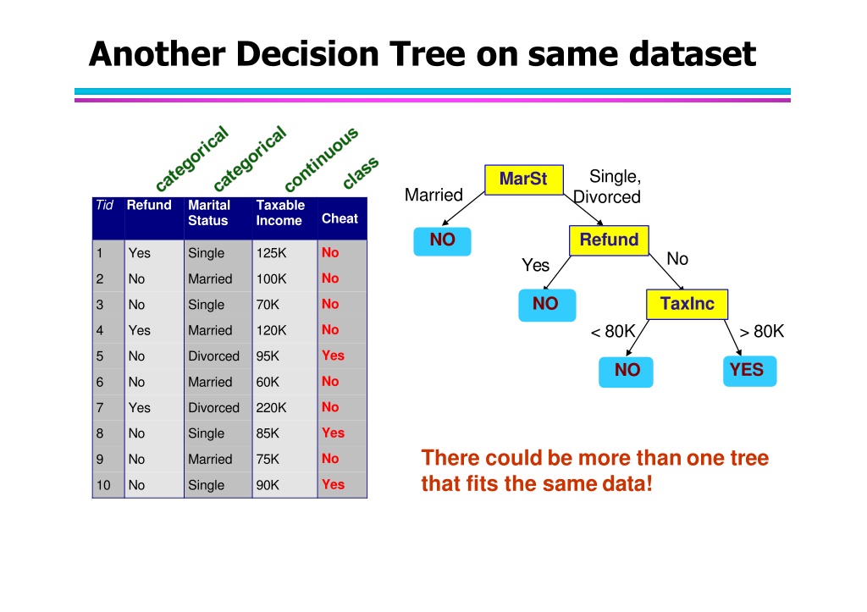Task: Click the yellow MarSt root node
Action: pyautogui.click(x=523, y=179)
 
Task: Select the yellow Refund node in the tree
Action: pyautogui.click(x=609, y=240)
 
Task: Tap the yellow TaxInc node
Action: pyautogui.click(x=687, y=304)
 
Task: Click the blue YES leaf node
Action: pyautogui.click(x=749, y=371)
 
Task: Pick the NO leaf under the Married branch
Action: pyautogui.click(x=442, y=240)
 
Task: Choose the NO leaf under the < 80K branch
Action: pyautogui.click(x=626, y=371)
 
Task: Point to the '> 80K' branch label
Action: pyautogui.click(x=761, y=331)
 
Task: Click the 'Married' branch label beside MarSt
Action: pyautogui.click(x=433, y=195)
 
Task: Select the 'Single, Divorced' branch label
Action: pyautogui.click(x=607, y=186)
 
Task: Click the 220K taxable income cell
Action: pyautogui.click(x=271, y=407)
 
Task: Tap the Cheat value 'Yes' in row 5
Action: pyautogui.click(x=333, y=356)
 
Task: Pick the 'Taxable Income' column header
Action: pyautogui.click(x=280, y=212)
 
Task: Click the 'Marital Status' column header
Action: pyautogui.click(x=209, y=212)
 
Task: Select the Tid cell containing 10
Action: pyautogui.click(x=103, y=485)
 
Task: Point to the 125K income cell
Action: pyautogui.click(x=271, y=252)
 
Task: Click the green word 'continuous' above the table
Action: pyautogui.click(x=321, y=158)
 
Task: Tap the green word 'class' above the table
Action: pyautogui.click(x=361, y=173)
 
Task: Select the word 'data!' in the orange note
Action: pyautogui.click(x=627, y=483)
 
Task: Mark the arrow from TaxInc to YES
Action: pyautogui.click(x=732, y=338)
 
